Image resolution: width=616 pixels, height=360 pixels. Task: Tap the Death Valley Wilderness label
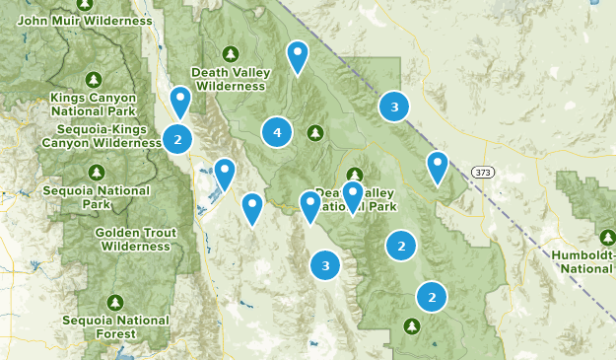tap(231, 79)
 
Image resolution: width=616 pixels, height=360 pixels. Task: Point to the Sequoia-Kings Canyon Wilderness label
tap(102, 136)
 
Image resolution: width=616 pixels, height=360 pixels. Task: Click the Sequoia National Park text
tap(97, 197)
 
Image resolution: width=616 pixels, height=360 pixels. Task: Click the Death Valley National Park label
tap(353, 200)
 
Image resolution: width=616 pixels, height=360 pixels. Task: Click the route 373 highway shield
tap(481, 172)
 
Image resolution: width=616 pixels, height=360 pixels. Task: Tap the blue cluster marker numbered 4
tap(277, 132)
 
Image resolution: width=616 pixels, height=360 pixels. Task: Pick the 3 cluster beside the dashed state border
tap(394, 107)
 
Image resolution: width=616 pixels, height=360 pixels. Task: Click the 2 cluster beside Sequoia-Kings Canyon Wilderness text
tap(177, 139)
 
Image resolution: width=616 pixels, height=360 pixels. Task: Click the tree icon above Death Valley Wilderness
tap(231, 53)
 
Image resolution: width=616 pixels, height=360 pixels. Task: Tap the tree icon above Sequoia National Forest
tap(115, 302)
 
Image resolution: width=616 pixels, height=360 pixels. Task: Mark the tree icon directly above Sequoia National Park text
tap(97, 172)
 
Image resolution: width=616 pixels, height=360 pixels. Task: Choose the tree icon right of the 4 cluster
tap(314, 132)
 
